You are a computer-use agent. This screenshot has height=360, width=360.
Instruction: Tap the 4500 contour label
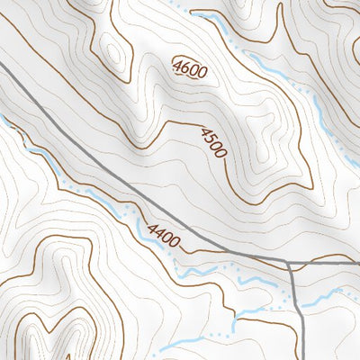coord(212,142)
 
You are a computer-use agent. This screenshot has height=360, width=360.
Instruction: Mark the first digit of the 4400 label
coord(147,229)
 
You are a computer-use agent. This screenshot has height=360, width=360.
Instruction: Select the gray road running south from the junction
coord(298,315)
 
